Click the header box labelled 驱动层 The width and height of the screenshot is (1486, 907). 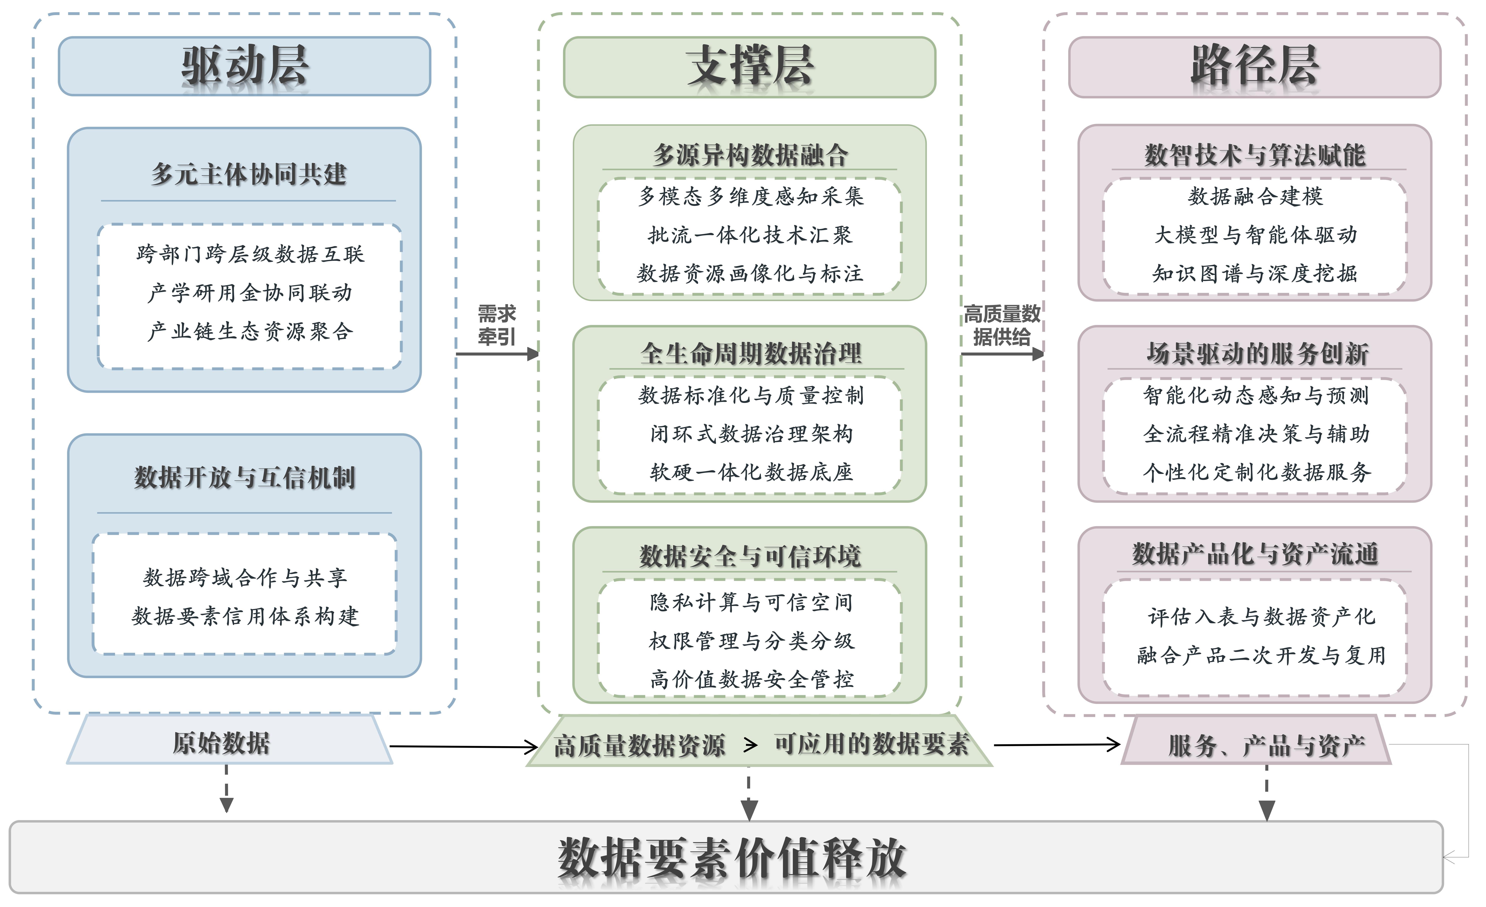click(244, 66)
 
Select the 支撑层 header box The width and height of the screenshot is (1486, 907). click(749, 66)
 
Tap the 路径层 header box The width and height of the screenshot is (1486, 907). click(1254, 66)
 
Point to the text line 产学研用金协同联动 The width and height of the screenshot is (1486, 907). click(250, 293)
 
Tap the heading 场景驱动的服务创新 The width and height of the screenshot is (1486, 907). click(1257, 354)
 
